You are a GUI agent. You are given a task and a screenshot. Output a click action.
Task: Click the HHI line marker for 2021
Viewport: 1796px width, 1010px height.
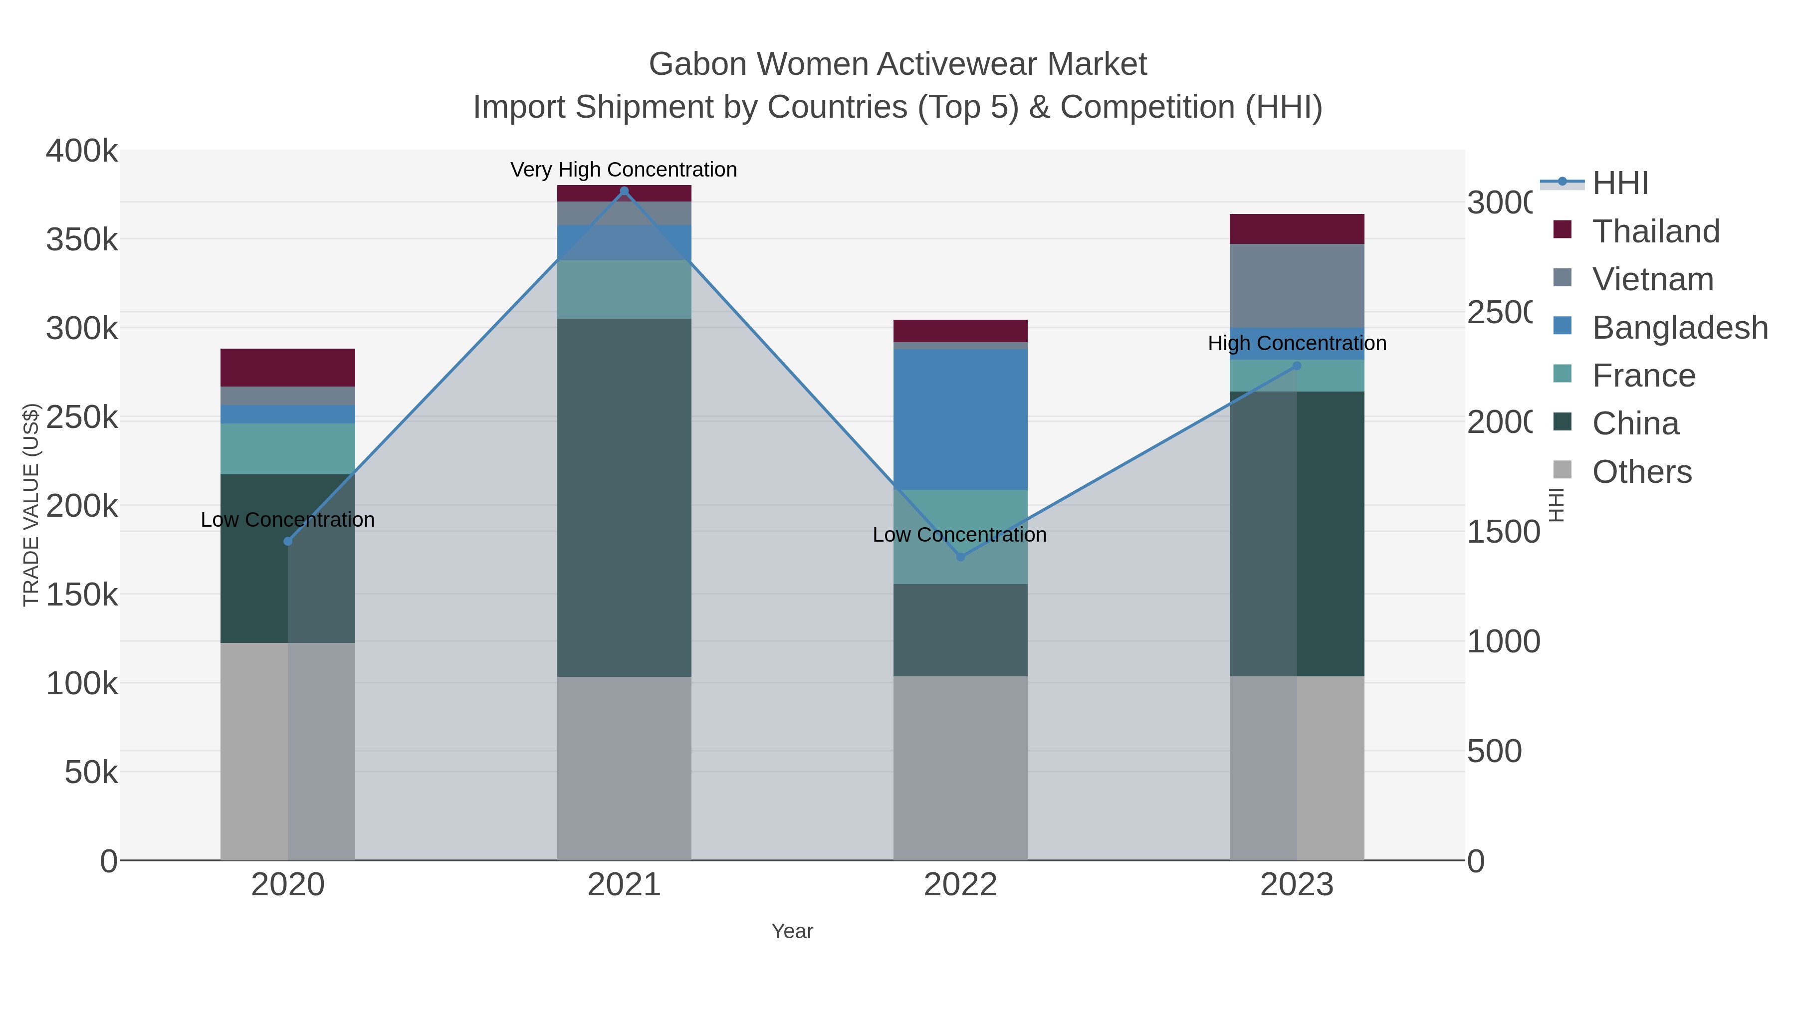tap(624, 191)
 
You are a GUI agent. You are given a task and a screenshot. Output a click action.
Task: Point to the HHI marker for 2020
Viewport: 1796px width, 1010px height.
tap(288, 542)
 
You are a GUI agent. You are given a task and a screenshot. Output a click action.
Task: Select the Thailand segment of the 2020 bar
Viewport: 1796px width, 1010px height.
tap(288, 367)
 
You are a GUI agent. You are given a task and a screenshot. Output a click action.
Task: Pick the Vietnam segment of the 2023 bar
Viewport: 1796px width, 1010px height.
tap(1297, 286)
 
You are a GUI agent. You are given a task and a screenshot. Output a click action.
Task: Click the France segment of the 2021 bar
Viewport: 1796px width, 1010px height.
tap(624, 289)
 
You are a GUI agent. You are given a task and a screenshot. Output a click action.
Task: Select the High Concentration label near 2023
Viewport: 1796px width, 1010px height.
tap(1297, 344)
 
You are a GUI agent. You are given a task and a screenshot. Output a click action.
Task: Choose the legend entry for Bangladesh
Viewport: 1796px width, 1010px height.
tap(1680, 328)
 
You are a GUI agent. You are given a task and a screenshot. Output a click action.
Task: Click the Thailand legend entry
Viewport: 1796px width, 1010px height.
tap(1656, 231)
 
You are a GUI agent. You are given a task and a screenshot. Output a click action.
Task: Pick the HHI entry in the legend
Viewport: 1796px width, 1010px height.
tap(1620, 184)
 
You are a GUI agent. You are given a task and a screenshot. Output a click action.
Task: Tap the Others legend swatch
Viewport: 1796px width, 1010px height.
tap(1563, 470)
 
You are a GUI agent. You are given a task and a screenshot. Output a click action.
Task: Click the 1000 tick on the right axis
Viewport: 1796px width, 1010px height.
tap(1503, 642)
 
